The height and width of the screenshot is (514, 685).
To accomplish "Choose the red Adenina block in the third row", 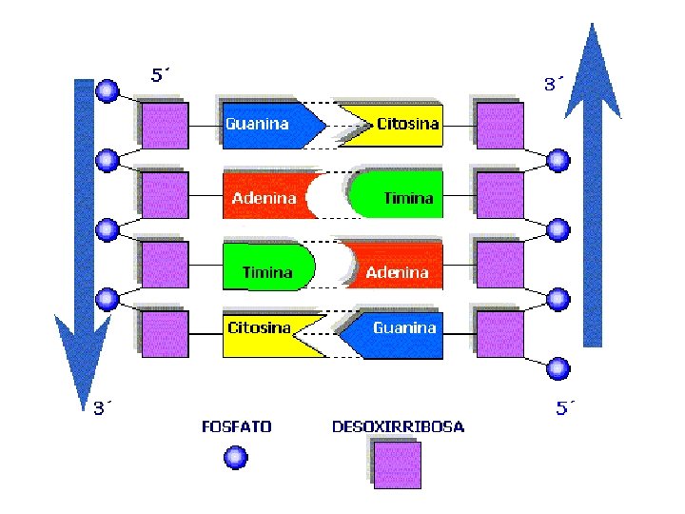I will click(400, 271).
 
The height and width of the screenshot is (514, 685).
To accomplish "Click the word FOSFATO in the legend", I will click(236, 426).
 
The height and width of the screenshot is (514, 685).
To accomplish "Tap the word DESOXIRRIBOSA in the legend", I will click(398, 426).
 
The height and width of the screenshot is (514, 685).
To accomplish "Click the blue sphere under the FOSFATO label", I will click(235, 458).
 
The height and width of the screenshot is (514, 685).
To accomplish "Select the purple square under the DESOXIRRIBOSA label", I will click(397, 465).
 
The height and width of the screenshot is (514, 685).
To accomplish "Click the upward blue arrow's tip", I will click(593, 29).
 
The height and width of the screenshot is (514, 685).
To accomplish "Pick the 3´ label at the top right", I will click(554, 85).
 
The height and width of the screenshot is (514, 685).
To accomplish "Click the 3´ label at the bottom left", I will click(103, 408).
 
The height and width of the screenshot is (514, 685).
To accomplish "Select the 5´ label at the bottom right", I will click(566, 408).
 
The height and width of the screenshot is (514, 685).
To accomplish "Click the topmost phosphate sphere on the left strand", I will click(108, 91).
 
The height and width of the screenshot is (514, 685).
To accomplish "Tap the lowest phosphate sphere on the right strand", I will click(559, 366).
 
